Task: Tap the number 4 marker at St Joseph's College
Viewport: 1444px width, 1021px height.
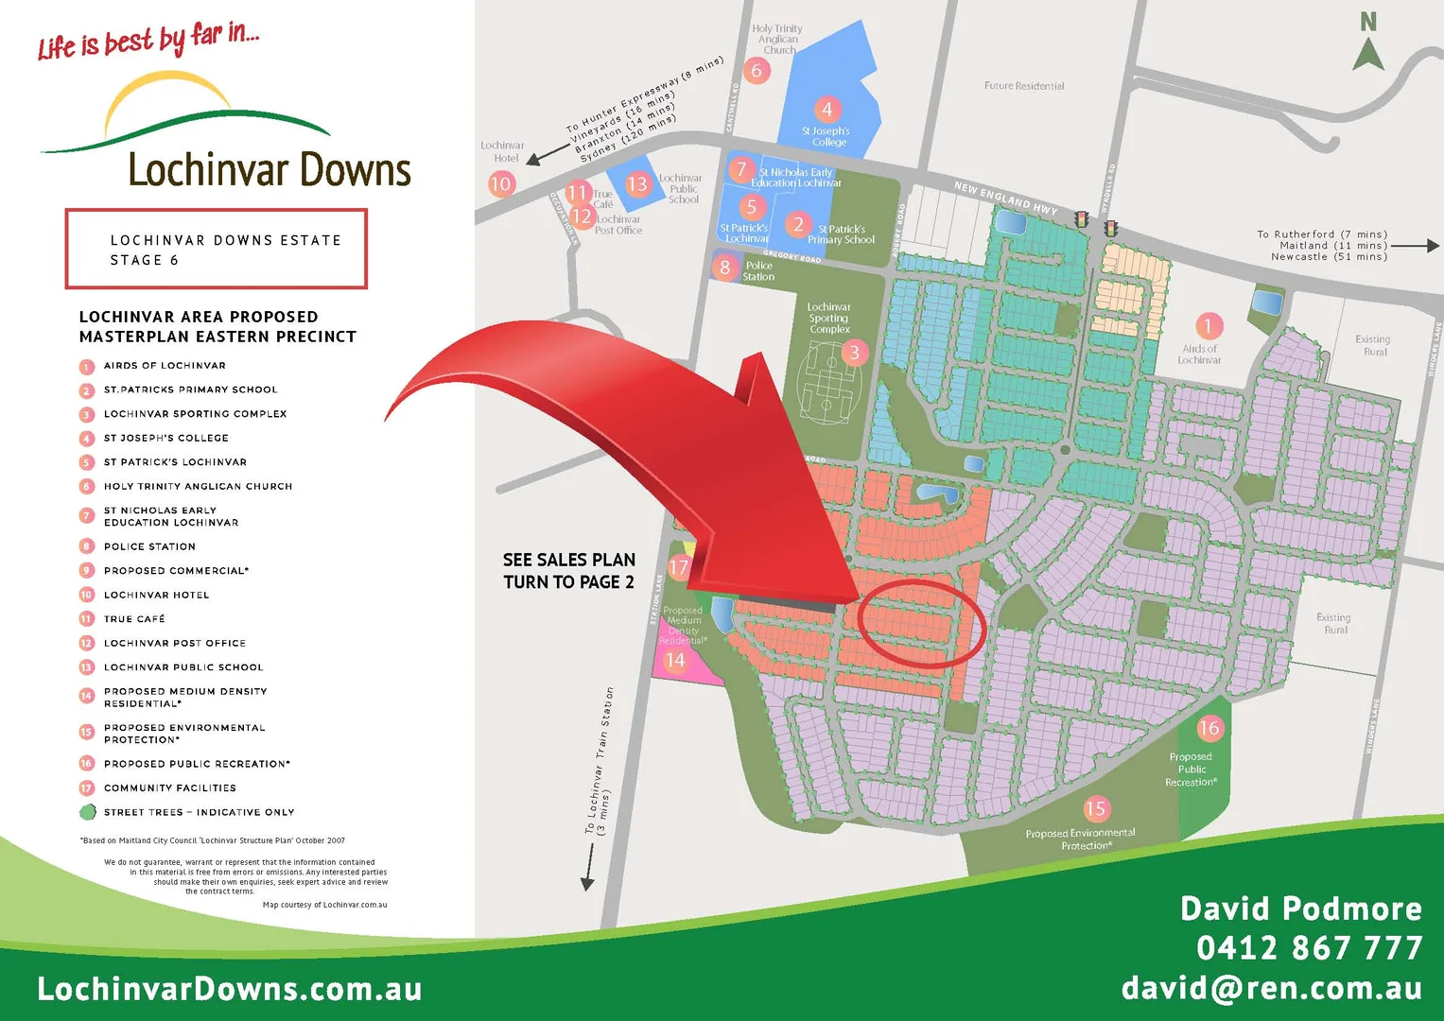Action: click(826, 110)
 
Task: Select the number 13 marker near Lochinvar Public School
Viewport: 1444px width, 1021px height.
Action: click(637, 183)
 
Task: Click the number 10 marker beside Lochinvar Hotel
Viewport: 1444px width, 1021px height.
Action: click(501, 183)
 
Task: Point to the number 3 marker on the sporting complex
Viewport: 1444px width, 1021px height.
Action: click(854, 353)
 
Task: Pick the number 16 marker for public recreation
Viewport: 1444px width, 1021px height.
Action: click(1209, 728)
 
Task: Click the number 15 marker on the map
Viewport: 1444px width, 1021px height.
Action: click(1095, 808)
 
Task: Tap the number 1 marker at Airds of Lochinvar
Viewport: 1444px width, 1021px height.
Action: click(1208, 326)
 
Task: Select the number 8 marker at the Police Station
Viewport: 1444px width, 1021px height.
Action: click(725, 268)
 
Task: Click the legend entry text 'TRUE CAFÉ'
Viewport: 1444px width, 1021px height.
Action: click(134, 619)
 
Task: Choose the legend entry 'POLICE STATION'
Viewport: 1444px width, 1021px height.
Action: click(149, 546)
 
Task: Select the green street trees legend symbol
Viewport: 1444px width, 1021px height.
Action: click(87, 812)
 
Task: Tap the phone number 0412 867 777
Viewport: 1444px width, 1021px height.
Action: click(1309, 947)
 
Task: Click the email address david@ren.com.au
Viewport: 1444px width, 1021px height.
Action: click(1271, 988)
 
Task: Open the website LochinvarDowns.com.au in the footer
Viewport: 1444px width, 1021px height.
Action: click(229, 989)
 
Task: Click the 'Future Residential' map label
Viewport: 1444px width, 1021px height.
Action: click(1024, 86)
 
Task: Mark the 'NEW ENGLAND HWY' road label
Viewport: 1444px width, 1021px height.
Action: click(1005, 198)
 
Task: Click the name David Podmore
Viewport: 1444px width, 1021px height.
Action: click(1300, 909)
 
